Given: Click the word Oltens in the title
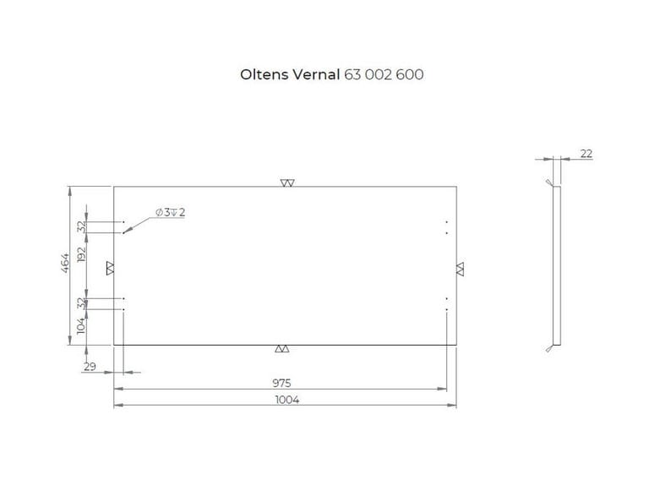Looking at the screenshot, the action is pos(264,74).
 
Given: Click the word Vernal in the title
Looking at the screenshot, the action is pos(316,74).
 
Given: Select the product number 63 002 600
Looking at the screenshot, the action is pos(384,74).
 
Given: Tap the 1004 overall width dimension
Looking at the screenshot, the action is pos(287,400).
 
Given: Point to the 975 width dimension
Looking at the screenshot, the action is pos(282,383).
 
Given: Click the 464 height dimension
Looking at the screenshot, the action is pos(65,264).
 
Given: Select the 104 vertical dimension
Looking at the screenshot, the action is pos(81,325).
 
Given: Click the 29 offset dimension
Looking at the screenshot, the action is pos(90,367).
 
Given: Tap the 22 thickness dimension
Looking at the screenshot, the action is pos(586,154).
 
